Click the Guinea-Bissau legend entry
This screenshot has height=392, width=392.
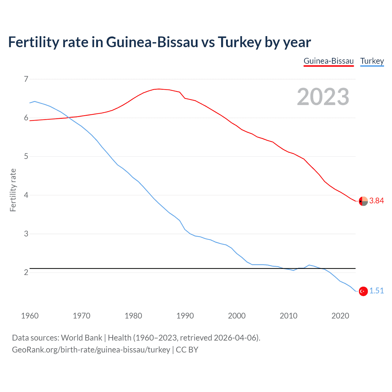[329, 61]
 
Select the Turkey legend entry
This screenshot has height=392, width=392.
[372, 61]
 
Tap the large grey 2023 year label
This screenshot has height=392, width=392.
[323, 97]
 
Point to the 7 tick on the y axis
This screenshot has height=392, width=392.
[26, 79]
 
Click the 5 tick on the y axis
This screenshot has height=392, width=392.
[26, 156]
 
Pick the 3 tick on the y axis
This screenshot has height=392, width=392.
[26, 234]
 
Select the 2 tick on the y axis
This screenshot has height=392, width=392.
[26, 273]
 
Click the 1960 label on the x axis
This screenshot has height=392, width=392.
[30, 316]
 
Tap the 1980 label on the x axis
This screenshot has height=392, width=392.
[133, 316]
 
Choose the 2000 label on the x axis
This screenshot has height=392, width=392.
[237, 316]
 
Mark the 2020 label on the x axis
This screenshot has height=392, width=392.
[340, 316]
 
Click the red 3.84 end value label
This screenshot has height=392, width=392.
[376, 201]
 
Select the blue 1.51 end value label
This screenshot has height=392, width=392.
[376, 291]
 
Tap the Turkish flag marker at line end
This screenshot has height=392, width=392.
[363, 291]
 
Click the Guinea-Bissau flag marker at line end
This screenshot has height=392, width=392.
[363, 201]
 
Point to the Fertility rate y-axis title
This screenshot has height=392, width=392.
[13, 190]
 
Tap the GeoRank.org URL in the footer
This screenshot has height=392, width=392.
[91, 350]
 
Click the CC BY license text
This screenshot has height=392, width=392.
[187, 350]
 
